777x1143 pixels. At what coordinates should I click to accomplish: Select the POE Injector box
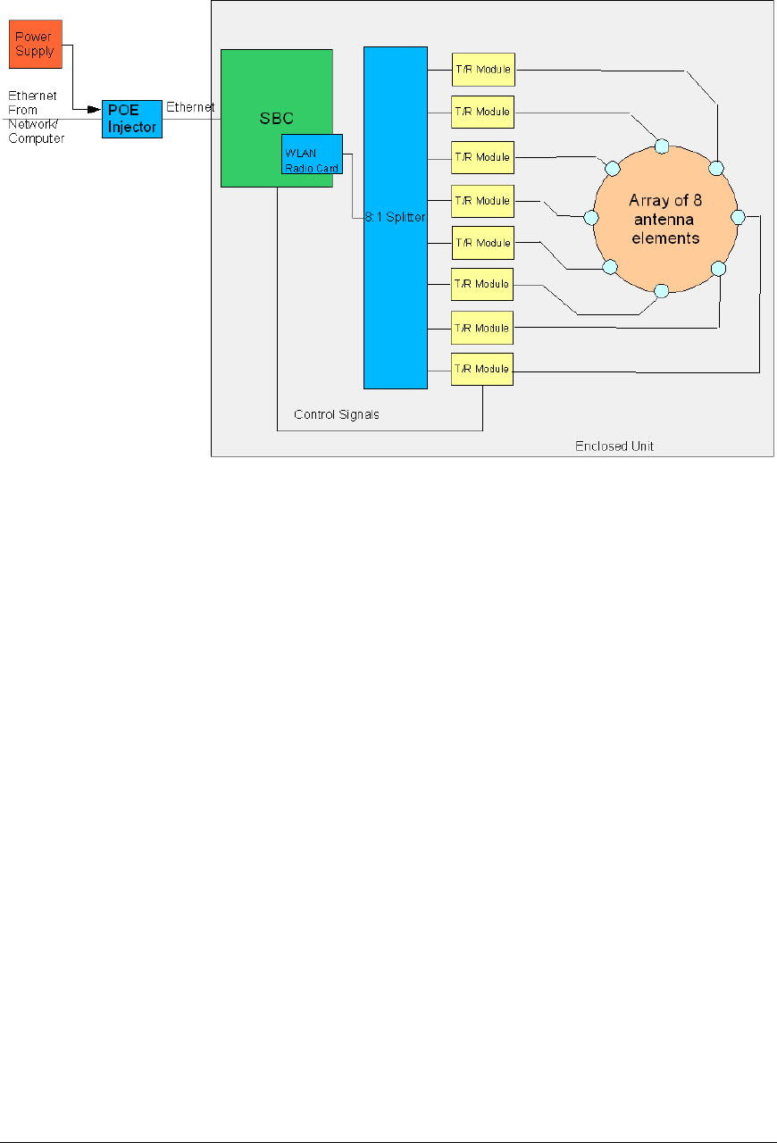pos(132,119)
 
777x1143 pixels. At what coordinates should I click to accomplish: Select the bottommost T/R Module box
pos(482,370)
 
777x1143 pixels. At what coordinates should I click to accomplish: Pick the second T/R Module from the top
pos(482,112)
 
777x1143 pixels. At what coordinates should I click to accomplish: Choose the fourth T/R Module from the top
pos(482,201)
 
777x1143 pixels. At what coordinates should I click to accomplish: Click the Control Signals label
pos(337,414)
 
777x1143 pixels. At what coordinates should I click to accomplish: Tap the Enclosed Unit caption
pos(614,446)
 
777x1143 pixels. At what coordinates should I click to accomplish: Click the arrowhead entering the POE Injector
pos(94,110)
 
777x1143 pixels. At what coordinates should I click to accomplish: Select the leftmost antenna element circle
pos(590,217)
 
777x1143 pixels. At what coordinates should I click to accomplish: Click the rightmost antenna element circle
pos(738,217)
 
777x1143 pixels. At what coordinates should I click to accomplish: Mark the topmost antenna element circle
pos(662,146)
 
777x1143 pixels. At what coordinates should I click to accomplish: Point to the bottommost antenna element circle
pos(662,290)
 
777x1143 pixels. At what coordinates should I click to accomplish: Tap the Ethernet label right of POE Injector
pos(191,107)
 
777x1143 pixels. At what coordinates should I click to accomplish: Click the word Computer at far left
pos(37,139)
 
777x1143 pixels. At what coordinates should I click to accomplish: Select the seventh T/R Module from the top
pos(482,328)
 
